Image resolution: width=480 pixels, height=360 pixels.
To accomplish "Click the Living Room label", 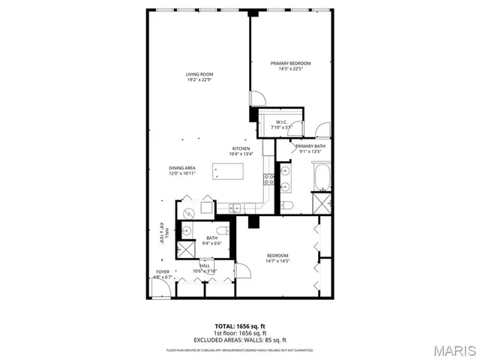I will [200, 73].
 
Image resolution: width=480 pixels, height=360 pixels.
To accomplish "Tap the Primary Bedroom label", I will [290, 63].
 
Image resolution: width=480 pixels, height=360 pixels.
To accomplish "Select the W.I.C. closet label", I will [282, 121].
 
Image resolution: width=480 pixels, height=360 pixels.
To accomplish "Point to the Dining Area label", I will [182, 167].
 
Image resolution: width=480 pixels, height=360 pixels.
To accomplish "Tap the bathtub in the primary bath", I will [324, 177].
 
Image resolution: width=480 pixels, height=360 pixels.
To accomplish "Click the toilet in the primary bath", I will [286, 205].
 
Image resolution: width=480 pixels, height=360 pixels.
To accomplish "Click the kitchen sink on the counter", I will [235, 208].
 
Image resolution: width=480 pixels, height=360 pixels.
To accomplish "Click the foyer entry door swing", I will [163, 288].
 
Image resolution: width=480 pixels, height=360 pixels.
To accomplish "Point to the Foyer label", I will [163, 271].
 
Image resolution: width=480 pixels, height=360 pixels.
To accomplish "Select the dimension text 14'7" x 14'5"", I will [277, 261].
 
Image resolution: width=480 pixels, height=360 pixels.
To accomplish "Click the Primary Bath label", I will [310, 145].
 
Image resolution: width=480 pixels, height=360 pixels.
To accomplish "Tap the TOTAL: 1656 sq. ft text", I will [240, 327].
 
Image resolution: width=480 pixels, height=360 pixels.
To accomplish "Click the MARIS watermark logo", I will [454, 350].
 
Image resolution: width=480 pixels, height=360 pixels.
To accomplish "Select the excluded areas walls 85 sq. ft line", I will [240, 339].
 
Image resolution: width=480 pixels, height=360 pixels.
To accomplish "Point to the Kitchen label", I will [241, 148].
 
